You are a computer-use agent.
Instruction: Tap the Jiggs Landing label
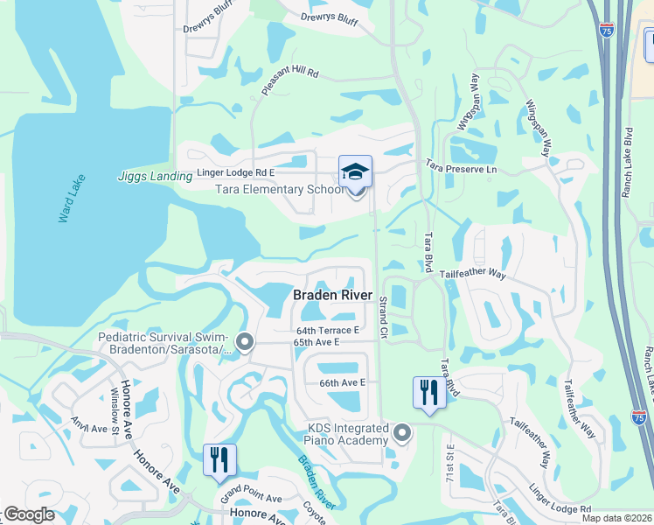155,176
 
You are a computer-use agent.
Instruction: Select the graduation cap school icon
356,171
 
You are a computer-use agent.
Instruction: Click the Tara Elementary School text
279,189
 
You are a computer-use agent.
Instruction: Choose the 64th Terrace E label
328,330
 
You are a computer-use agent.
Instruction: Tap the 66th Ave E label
342,382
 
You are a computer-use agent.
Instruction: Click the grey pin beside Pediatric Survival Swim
244,342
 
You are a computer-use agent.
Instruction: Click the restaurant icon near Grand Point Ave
219,459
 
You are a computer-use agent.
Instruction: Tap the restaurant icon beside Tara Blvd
428,391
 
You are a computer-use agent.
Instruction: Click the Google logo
29,515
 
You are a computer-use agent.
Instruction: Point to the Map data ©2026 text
616,518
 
